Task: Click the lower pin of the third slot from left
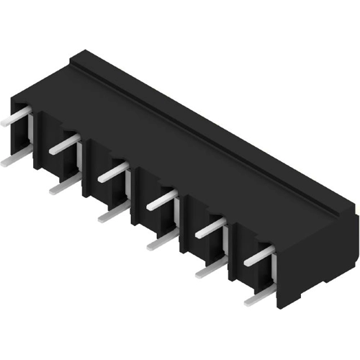pyautogui.click(x=113, y=214)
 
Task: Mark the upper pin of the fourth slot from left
pyautogui.click(x=161, y=200)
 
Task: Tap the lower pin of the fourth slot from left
pyautogui.click(x=161, y=241)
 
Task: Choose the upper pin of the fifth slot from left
pyautogui.click(x=210, y=228)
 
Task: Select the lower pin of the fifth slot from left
pyautogui.click(x=210, y=269)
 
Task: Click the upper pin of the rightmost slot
pyautogui.click(x=259, y=256)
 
